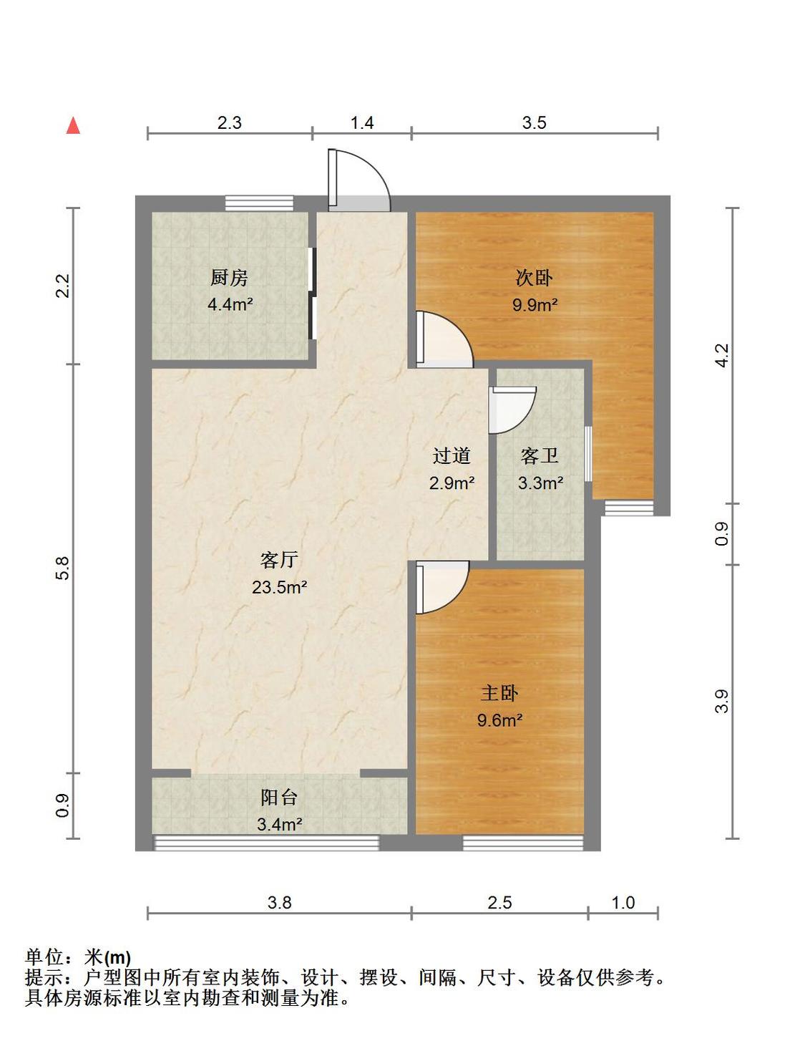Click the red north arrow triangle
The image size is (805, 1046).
click(73, 125)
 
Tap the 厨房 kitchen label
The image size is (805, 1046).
click(229, 278)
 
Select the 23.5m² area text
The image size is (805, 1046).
click(279, 587)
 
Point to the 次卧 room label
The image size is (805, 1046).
click(535, 278)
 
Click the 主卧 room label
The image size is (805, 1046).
click(499, 693)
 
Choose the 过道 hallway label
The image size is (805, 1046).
click(451, 455)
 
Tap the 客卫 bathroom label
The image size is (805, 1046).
click(540, 455)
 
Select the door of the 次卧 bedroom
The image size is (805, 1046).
click(444, 339)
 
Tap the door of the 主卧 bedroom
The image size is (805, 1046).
click(442, 587)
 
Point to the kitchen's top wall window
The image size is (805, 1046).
click(259, 203)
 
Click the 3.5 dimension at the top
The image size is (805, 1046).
click(535, 122)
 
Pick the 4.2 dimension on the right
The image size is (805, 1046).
click(722, 355)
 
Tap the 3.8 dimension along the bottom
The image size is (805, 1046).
click(279, 903)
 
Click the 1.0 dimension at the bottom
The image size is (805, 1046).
click(623, 903)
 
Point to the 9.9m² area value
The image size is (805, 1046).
click(535, 305)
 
